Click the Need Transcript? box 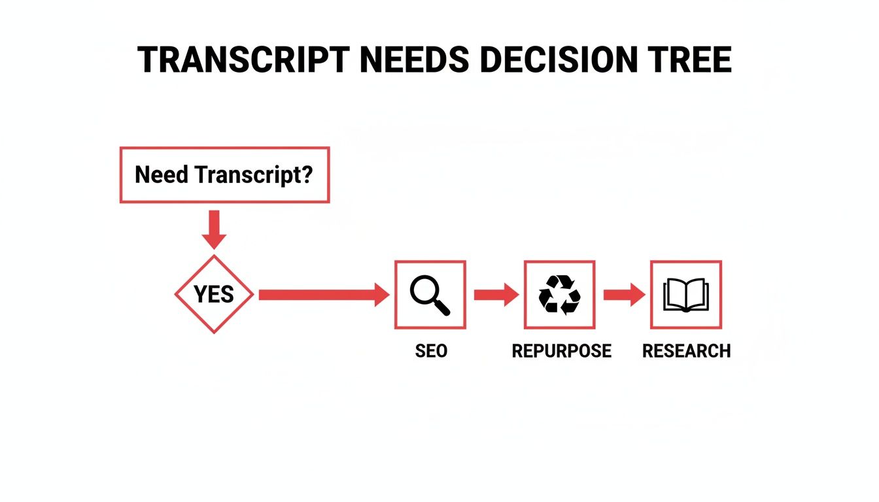tap(224, 175)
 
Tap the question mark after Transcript tap(305, 175)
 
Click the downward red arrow tap(213, 229)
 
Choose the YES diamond tap(214, 295)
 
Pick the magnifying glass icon tap(429, 294)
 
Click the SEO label tap(431, 351)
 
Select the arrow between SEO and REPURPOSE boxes tap(495, 295)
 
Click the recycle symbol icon tap(559, 294)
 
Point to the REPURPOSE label tap(561, 351)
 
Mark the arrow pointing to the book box tap(623, 295)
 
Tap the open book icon tap(685, 295)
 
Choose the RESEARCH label tap(686, 351)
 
